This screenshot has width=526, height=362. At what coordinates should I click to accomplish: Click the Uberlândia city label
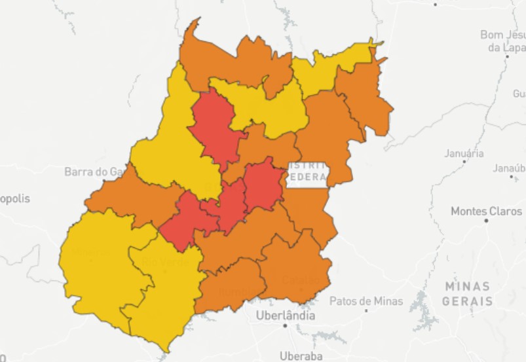click(x=285, y=316)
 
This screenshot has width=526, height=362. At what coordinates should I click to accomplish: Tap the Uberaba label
click(x=301, y=356)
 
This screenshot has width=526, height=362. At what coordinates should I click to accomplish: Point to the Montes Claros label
click(x=487, y=211)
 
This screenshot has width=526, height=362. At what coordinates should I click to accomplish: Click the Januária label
click(x=464, y=153)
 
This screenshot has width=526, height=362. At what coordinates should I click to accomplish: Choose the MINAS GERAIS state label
click(x=467, y=294)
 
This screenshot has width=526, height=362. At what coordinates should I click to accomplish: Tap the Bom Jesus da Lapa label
click(x=503, y=41)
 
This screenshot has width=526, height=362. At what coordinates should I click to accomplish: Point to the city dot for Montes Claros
click(x=486, y=221)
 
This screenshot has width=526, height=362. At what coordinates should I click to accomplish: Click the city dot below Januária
click(x=464, y=161)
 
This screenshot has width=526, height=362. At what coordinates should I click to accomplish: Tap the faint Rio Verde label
click(x=166, y=262)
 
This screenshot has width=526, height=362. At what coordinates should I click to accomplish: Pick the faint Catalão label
click(x=299, y=280)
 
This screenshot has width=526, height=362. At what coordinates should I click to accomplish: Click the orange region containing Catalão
click(x=295, y=268)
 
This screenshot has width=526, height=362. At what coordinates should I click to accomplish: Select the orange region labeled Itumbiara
click(x=233, y=288)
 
